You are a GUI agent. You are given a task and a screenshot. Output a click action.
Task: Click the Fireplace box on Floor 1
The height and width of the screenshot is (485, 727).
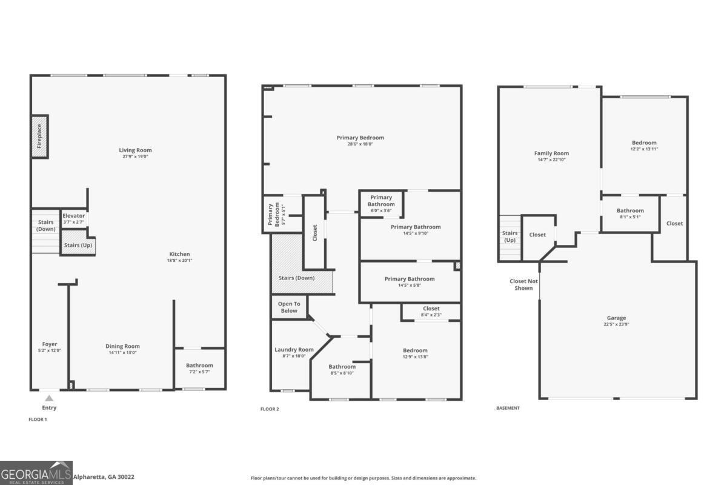tap(40, 137)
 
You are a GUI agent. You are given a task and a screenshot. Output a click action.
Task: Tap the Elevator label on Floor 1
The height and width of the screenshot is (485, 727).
tap(73, 216)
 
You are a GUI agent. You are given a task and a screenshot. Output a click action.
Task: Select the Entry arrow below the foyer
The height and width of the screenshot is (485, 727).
tap(50, 398)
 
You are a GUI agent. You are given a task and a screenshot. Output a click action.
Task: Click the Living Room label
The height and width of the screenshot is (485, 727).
tap(135, 150)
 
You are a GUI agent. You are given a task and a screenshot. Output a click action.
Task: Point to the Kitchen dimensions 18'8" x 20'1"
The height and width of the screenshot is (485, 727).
tap(179, 261)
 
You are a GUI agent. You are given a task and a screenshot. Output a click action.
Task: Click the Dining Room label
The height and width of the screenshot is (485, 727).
tap(124, 346)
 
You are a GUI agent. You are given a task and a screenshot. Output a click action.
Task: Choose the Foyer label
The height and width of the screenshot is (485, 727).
tap(50, 344)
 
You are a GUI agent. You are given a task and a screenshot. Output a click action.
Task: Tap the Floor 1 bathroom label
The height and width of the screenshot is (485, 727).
tap(199, 366)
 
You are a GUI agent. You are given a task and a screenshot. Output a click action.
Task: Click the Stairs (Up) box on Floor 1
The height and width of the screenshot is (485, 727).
tap(78, 246)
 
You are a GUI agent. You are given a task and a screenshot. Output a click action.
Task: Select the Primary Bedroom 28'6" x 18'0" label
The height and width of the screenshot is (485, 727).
tap(360, 141)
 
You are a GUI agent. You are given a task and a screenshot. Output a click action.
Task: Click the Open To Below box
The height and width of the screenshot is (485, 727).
tap(289, 307)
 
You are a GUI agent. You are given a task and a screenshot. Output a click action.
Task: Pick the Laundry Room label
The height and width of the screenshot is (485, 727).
tap(294, 350)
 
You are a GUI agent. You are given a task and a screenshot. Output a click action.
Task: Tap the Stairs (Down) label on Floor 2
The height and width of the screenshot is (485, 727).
tap(296, 278)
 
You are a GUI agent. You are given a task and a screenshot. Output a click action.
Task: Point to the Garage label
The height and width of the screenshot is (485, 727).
tap(617, 318)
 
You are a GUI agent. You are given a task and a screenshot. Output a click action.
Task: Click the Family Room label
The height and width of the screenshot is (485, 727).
tap(551, 153)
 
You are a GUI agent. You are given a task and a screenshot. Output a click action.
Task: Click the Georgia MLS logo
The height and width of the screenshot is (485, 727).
tap(36, 473)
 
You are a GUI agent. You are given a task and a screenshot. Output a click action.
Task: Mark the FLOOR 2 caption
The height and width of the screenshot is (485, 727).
tap(270, 409)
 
